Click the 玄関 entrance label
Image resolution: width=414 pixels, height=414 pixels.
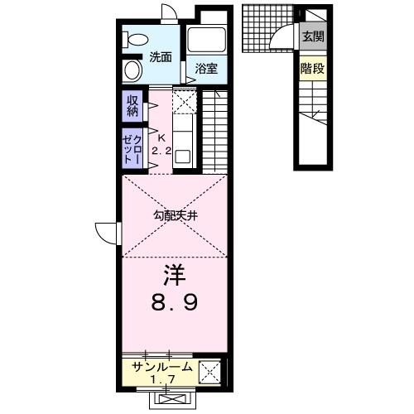pyautogui.click(x=313, y=36)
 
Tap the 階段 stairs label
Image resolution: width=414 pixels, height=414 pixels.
pyautogui.click(x=312, y=68)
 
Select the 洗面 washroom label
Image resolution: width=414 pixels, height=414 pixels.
pyautogui.click(x=161, y=57)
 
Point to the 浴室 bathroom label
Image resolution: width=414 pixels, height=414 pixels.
pyautogui.click(x=206, y=69)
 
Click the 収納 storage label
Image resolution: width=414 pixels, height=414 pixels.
pyautogui.click(x=132, y=106)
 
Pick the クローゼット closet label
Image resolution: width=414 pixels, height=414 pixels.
pyautogui.click(x=132, y=149)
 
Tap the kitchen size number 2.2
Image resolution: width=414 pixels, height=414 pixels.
pyautogui.click(x=161, y=151)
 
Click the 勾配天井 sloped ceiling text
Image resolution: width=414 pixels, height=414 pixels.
pyautogui.click(x=176, y=215)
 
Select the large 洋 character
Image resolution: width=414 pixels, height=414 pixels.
pyautogui.click(x=175, y=276)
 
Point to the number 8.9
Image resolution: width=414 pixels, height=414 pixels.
pyautogui.click(x=175, y=302)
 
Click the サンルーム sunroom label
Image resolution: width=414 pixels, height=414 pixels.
pyautogui.click(x=161, y=368)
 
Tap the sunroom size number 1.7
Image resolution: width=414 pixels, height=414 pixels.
pyautogui.click(x=163, y=380)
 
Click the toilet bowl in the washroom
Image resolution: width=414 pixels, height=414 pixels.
pyautogui.click(x=135, y=39)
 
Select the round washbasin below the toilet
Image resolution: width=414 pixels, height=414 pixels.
pyautogui.click(x=132, y=70)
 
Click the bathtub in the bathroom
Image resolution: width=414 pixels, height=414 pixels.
pyautogui.click(x=206, y=39)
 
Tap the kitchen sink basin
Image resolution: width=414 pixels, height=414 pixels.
pyautogui.click(x=182, y=156)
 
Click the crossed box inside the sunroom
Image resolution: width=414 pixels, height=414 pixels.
pyautogui.click(x=209, y=372)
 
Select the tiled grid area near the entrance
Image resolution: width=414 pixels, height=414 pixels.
pyautogui.click(x=267, y=28)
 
